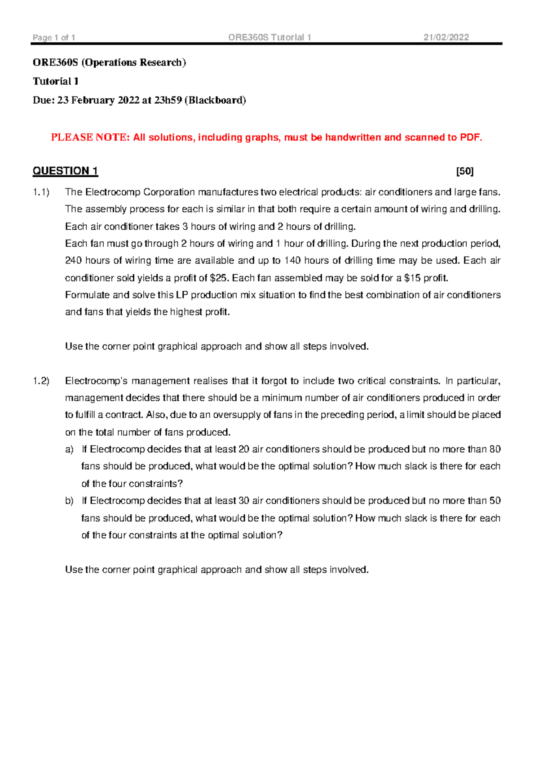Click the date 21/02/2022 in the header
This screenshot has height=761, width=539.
pyautogui.click(x=446, y=38)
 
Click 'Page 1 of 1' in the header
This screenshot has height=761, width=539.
pyautogui.click(x=54, y=38)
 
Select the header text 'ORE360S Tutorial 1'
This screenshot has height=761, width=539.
pyautogui.click(x=269, y=38)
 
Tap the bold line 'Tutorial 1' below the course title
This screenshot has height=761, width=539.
pyautogui.click(x=56, y=82)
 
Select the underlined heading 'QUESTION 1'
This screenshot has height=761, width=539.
pyautogui.click(x=65, y=171)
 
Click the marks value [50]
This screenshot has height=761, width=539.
pyautogui.click(x=464, y=171)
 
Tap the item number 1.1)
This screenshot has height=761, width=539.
pyautogui.click(x=41, y=192)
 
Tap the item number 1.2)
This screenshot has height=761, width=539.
pyautogui.click(x=41, y=381)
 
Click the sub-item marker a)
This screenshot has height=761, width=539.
pyautogui.click(x=69, y=450)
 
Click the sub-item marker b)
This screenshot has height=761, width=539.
pyautogui.click(x=69, y=501)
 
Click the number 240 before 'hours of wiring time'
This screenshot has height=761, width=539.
pyautogui.click(x=73, y=261)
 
